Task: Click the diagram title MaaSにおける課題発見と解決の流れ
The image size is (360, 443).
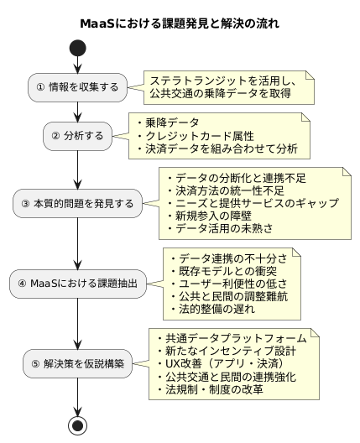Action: (180, 23)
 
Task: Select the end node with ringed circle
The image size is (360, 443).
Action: (78, 425)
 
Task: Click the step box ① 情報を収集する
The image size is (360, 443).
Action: (78, 86)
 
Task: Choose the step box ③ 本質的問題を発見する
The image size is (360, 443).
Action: (78, 203)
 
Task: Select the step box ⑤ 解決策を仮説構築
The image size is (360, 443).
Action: (78, 363)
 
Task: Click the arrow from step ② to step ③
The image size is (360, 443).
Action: (78, 168)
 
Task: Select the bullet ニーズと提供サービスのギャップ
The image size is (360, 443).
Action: (253, 202)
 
